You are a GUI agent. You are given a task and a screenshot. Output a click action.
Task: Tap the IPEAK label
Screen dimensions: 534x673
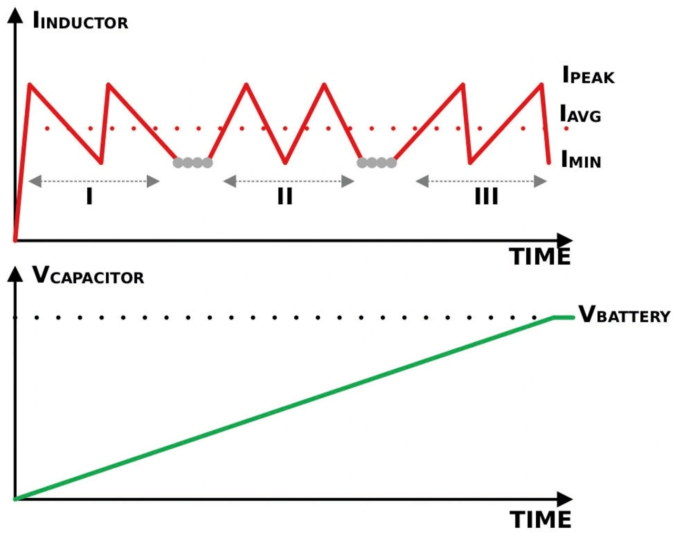[x=588, y=76]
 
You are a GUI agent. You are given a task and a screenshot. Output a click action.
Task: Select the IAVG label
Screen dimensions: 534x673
[x=580, y=114]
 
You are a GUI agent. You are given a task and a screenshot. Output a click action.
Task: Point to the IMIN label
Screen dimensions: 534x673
[x=581, y=159]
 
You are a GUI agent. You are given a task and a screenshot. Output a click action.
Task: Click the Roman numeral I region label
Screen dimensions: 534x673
[x=89, y=197]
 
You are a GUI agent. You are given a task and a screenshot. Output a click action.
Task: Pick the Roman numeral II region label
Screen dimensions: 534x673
[x=284, y=197]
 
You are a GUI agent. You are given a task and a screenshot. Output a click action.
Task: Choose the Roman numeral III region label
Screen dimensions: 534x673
[x=486, y=197]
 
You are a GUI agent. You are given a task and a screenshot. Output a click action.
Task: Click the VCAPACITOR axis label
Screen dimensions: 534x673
[x=88, y=276]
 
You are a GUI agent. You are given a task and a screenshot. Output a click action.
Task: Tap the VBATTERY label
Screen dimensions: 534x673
[x=624, y=315]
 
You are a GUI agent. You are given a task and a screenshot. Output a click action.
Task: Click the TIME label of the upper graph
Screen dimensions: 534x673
[x=540, y=257]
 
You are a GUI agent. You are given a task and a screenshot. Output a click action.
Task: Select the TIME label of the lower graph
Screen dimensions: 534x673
[x=541, y=520]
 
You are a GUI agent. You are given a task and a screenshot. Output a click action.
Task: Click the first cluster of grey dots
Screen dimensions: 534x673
[x=192, y=163]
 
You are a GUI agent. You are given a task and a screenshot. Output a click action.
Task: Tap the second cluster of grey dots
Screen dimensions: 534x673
[x=376, y=163]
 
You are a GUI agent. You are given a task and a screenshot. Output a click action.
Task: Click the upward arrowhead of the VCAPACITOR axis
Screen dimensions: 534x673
[x=16, y=274]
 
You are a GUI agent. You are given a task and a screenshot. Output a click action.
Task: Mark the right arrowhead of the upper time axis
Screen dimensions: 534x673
[x=565, y=241]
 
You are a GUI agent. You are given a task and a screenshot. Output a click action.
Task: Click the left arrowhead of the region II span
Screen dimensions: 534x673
[x=230, y=182]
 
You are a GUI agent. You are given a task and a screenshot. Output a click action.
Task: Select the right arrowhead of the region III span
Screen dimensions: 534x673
[x=540, y=182]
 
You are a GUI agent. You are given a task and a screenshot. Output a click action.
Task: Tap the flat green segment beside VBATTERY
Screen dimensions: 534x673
[x=564, y=317]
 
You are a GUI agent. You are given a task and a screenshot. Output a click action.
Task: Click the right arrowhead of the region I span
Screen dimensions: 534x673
[x=153, y=182]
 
